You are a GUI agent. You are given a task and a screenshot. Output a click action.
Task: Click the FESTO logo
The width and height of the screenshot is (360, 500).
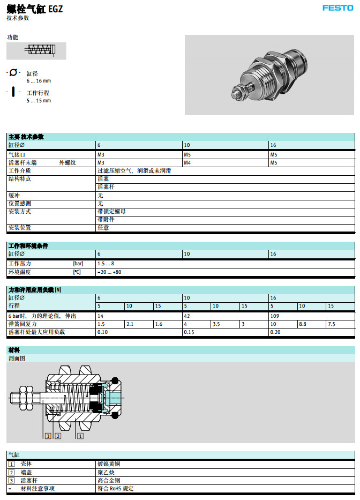(337, 8)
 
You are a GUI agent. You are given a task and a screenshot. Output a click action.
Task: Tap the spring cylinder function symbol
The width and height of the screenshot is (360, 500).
(36, 50)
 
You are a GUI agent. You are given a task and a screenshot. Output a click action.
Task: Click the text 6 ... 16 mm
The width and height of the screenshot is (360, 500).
(39, 81)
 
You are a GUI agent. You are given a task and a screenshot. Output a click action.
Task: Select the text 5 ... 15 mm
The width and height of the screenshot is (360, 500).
(39, 100)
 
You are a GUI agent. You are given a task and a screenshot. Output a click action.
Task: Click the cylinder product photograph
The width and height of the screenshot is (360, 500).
(269, 74)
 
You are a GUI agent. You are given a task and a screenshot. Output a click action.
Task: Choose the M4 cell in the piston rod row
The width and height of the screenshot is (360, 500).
(187, 162)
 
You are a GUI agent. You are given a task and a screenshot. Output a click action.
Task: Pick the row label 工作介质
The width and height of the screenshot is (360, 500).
(19, 170)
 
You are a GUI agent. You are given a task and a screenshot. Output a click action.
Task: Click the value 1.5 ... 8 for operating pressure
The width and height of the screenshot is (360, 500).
(106, 264)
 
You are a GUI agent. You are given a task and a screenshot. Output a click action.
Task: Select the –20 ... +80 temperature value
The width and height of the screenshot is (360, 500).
(109, 272)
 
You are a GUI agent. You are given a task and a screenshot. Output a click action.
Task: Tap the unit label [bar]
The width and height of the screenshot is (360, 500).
(78, 264)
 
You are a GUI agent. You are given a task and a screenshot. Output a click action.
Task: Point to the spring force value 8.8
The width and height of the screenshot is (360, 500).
(303, 324)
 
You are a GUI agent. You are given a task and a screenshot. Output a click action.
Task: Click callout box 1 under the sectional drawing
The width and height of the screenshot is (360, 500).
(80, 436)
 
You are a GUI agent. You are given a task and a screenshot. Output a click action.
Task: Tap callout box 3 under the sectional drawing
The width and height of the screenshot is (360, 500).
(48, 436)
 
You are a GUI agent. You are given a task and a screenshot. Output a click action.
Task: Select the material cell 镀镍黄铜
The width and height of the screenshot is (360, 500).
(108, 464)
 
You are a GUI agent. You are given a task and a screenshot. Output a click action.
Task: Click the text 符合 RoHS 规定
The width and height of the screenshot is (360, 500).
(115, 488)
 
